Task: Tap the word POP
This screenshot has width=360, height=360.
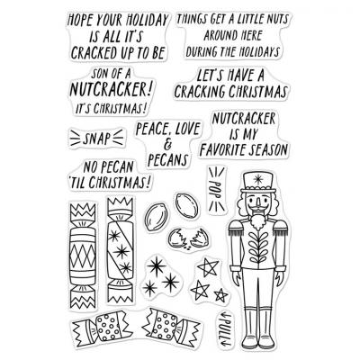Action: (216, 189)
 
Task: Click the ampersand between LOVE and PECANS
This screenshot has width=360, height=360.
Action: (167, 145)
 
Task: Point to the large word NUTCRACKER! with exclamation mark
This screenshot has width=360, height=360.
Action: (109, 89)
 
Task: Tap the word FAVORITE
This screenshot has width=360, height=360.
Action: (223, 150)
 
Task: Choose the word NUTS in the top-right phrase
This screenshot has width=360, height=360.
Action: (274, 20)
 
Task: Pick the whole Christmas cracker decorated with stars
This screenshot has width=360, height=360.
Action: (121, 249)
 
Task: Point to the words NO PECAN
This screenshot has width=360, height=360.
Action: (108, 167)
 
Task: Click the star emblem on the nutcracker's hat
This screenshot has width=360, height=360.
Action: (257, 179)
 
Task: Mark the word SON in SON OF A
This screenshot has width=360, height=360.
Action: (100, 73)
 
